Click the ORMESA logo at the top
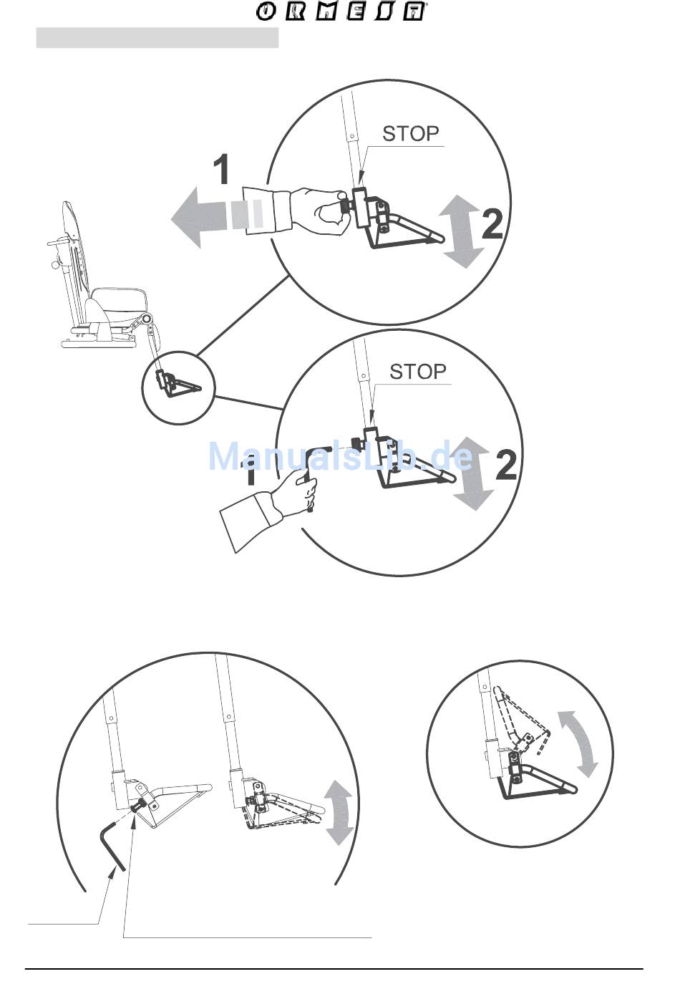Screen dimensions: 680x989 coord(341,11)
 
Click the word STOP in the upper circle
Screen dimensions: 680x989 coord(410,134)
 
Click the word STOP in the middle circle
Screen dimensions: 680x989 coord(417,372)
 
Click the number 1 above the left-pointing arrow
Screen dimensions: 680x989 coord(221,170)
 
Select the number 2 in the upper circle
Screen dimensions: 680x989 coord(492,223)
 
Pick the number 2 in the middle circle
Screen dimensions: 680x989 coord(505,465)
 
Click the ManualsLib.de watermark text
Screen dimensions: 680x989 coord(341,458)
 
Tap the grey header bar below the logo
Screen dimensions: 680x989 coord(157,37)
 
